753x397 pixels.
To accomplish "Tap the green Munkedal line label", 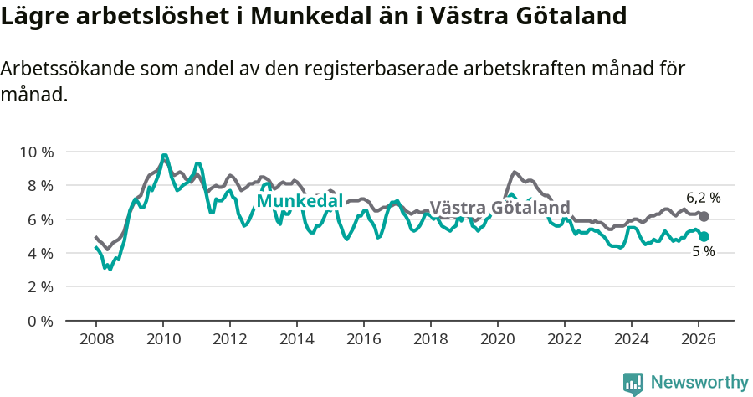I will pyautogui.click(x=300, y=201).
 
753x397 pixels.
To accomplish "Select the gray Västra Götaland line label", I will pyautogui.click(x=499, y=208).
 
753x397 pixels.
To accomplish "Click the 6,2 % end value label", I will pyautogui.click(x=703, y=198).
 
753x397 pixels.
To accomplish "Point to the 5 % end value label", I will pyautogui.click(x=703, y=252).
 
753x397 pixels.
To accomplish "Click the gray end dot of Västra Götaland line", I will pyautogui.click(x=704, y=217).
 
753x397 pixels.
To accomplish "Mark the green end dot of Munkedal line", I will pyautogui.click(x=704, y=237).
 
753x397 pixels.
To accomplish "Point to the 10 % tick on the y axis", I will pyautogui.click(x=37, y=152).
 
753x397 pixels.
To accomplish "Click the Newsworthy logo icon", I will pyautogui.click(x=633, y=383).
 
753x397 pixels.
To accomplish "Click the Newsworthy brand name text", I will pyautogui.click(x=699, y=383).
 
